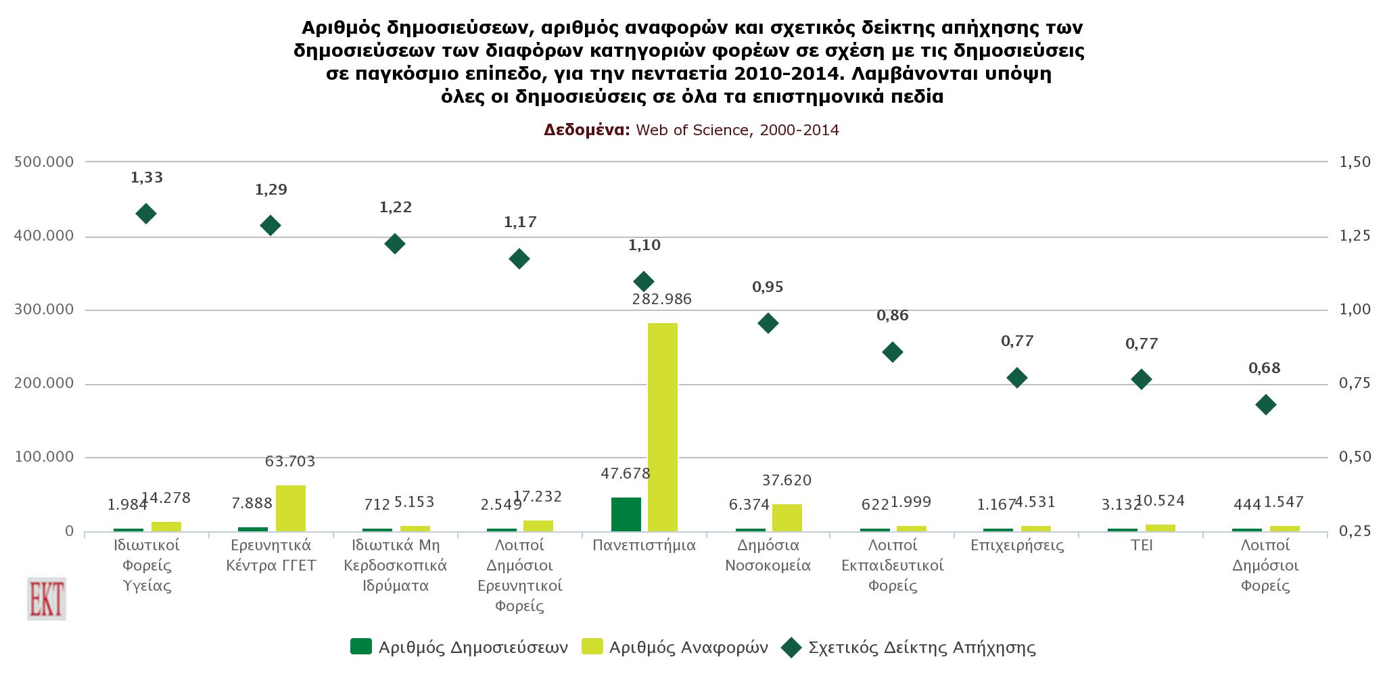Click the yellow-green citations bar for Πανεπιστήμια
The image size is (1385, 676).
click(662, 427)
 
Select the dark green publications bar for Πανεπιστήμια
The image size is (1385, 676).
click(626, 514)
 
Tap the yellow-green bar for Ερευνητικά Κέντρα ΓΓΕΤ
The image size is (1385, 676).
click(290, 508)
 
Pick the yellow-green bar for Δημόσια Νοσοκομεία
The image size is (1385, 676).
click(787, 518)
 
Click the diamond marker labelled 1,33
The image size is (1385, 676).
click(146, 214)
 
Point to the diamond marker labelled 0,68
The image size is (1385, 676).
click(1265, 405)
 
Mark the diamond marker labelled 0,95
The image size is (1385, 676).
click(768, 323)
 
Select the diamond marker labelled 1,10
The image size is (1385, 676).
click(644, 281)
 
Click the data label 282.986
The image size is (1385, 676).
click(661, 299)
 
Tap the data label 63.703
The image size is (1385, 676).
click(290, 462)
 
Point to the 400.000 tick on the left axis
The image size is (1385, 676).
click(43, 236)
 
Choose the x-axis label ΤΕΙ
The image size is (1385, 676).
click(1141, 546)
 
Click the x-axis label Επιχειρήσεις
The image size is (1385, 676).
click(1016, 546)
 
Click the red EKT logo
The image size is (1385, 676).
click(47, 599)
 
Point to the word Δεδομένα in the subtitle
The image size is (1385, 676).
click(586, 130)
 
